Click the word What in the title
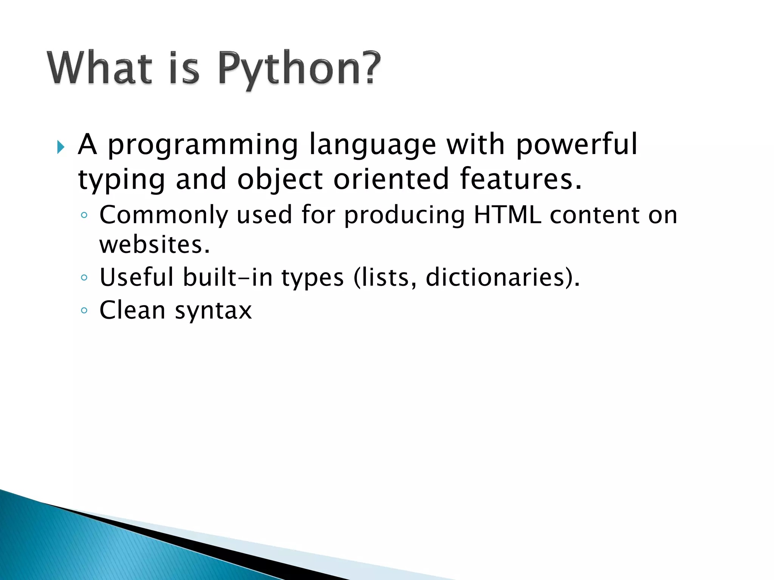tap(99, 68)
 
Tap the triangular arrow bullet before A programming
tap(60, 147)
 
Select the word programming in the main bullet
tap(203, 145)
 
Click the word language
tap(372, 145)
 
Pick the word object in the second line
tap(280, 179)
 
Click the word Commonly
tap(164, 215)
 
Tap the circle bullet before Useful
tap(84, 278)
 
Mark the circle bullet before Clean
tap(84, 311)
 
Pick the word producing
tap(404, 215)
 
